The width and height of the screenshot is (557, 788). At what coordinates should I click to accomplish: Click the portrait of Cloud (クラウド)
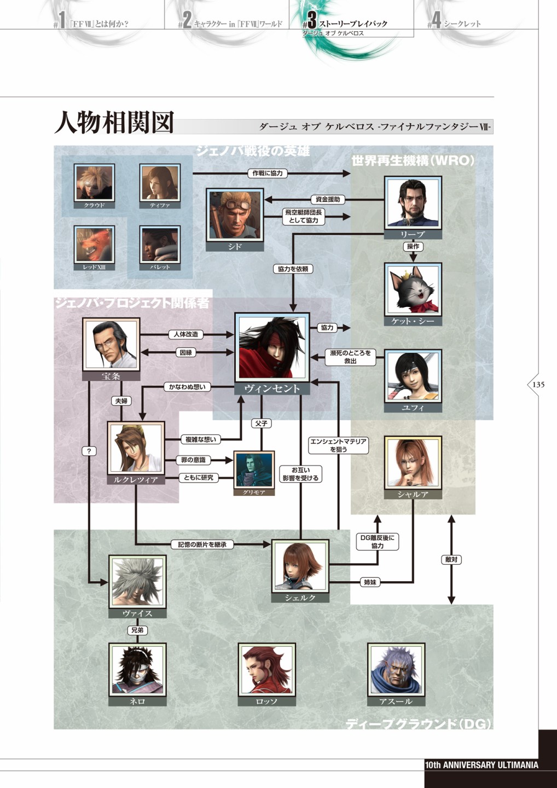coord(94,182)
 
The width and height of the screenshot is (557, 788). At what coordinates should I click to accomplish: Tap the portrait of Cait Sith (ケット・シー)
coord(413,289)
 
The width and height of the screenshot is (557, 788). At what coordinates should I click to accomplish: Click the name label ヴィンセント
coord(272,389)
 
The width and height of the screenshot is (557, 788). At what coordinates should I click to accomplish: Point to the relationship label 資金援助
coord(328,199)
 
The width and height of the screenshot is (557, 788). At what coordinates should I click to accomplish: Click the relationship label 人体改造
coord(186,334)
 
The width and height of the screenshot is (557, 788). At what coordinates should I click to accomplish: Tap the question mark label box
coord(89,451)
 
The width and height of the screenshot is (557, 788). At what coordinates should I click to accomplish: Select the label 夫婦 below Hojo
coord(121,401)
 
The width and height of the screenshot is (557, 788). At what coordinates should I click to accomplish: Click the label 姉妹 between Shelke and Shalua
coord(370,582)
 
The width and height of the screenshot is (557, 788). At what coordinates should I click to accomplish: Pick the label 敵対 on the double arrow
coord(451,560)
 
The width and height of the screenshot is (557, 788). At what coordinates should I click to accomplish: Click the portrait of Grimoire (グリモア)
coord(253,469)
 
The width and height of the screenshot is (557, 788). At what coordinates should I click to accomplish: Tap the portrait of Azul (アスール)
coord(396,669)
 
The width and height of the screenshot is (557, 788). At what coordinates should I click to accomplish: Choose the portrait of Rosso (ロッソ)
coord(266,669)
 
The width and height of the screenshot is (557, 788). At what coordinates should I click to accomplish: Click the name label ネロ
coord(137,701)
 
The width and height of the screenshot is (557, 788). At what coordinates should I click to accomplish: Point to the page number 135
coord(538,384)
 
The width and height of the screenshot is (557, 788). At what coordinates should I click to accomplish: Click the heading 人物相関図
coord(114,123)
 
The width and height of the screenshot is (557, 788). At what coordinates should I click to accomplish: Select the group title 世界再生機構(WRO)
coord(413,160)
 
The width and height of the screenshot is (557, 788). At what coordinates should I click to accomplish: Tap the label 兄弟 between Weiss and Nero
coord(137,630)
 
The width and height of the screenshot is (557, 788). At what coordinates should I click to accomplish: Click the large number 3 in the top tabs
coord(311,20)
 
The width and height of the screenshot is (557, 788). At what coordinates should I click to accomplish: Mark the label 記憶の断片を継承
coord(202,544)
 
